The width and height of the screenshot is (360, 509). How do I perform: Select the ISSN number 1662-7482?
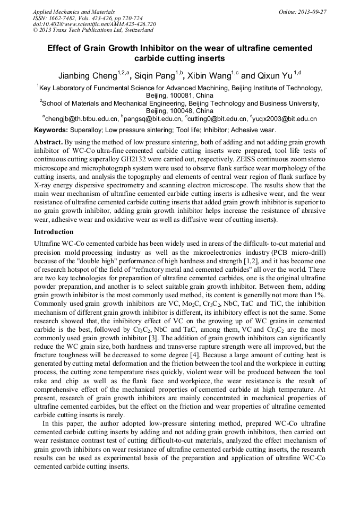(63, 18)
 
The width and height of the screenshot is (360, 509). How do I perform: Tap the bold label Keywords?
(51, 130)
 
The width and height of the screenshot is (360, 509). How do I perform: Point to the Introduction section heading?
(54, 232)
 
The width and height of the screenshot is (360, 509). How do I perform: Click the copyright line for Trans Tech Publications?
(94, 30)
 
